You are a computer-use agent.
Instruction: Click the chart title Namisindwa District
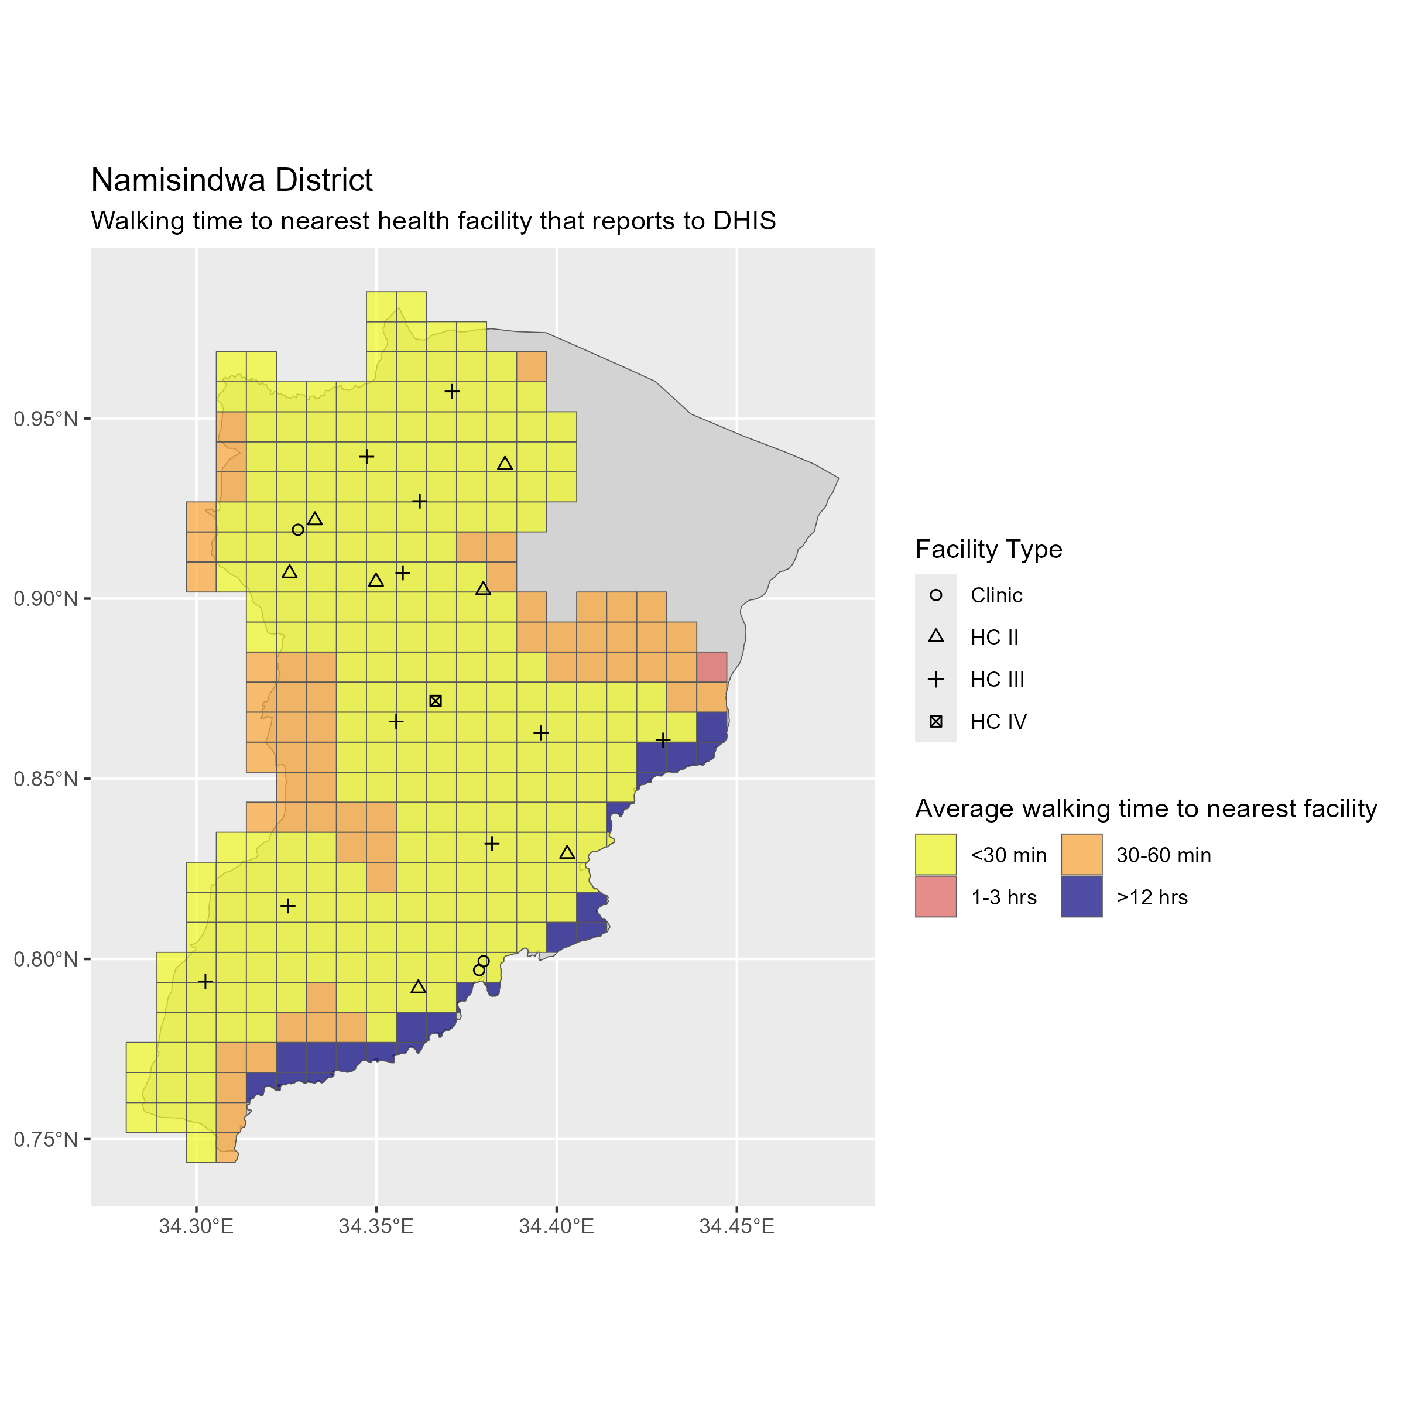[231, 180]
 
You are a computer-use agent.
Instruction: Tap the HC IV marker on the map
[436, 701]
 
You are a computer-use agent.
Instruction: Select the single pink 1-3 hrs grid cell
[712, 667]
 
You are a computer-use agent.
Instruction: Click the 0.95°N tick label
[45, 419]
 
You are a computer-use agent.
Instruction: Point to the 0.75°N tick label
[45, 1139]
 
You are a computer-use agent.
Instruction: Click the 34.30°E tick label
[196, 1227]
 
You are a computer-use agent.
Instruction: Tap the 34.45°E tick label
[736, 1227]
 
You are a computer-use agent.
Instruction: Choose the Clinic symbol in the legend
[936, 595]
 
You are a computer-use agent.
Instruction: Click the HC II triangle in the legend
[936, 637]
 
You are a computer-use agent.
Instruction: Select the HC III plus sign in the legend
[936, 679]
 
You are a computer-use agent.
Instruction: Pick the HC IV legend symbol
[936, 721]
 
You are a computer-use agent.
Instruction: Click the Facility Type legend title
[988, 549]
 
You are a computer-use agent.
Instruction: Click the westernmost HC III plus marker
[206, 982]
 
